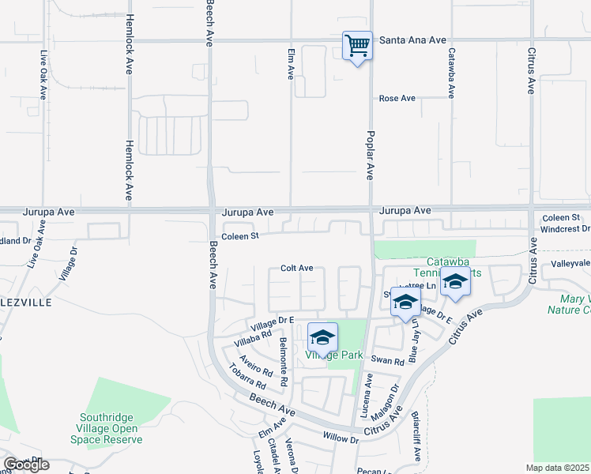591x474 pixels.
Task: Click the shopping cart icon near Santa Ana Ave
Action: coord(357,46)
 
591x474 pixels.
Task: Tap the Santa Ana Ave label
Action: coord(412,39)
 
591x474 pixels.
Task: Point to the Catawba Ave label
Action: coord(451,73)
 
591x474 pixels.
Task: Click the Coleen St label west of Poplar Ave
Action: coord(240,236)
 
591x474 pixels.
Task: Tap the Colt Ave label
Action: coord(297,269)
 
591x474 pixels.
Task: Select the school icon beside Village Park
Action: coord(322,337)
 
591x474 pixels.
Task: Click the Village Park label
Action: coord(334,355)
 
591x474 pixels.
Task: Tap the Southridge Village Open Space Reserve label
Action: coord(110,428)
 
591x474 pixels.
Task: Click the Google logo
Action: coord(26,465)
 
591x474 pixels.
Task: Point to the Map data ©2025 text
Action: coord(558,468)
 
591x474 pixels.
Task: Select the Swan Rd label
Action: coord(393,361)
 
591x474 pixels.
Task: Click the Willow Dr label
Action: coord(341,436)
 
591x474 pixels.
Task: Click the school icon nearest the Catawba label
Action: coord(454,282)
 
